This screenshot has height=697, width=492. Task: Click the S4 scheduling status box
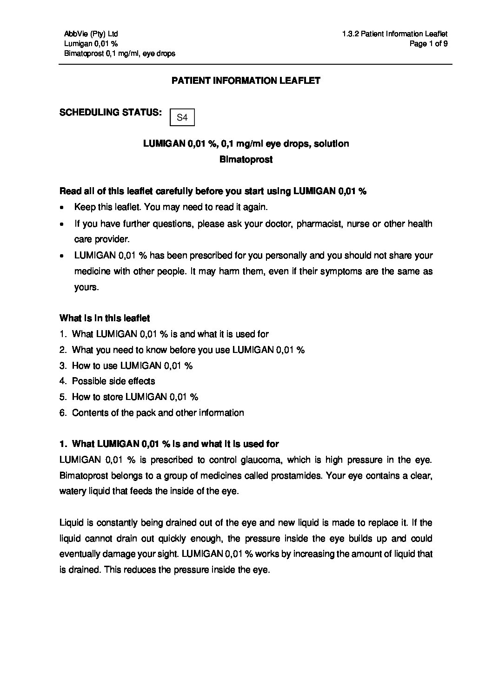(x=182, y=118)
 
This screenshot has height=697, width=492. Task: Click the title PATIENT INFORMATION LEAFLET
(x=246, y=81)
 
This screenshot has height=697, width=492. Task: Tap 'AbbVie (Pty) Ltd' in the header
(x=91, y=34)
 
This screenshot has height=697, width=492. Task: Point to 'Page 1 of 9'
(x=429, y=44)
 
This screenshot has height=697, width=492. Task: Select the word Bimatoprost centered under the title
(x=246, y=159)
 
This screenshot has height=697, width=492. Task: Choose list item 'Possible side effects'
(x=113, y=381)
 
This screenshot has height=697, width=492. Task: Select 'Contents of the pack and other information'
(x=158, y=413)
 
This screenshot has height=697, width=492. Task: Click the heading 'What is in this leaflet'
(x=105, y=318)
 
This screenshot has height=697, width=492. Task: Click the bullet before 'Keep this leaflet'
(x=62, y=208)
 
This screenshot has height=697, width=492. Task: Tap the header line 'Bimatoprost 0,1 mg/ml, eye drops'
(x=120, y=54)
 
